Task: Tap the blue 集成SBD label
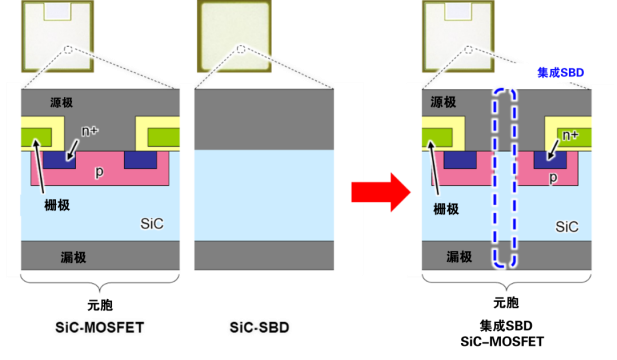(560, 73)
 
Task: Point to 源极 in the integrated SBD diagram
(446, 103)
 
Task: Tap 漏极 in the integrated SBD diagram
(446, 257)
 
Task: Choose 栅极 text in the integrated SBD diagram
(446, 209)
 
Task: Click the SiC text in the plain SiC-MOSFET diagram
(153, 222)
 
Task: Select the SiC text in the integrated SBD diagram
(566, 227)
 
